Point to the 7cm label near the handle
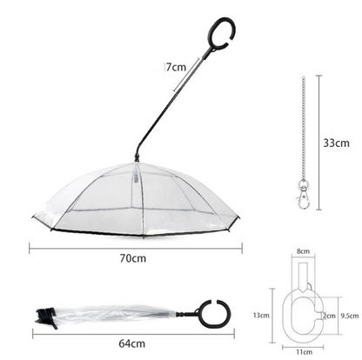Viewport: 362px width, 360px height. point(177,66)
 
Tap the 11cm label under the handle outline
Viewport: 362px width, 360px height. point(304,350)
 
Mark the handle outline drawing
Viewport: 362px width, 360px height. point(303,300)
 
